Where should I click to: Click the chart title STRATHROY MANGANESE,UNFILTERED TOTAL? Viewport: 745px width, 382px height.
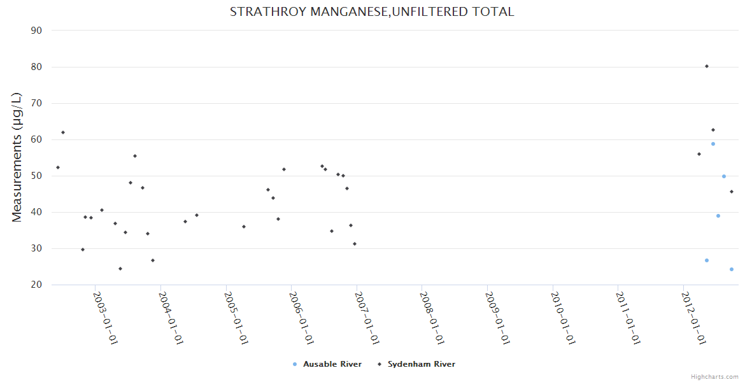point(372,11)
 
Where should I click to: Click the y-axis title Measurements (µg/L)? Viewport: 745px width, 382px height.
point(17,157)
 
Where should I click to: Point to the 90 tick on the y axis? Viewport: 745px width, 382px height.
point(36,31)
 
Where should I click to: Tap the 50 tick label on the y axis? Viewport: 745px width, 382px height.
point(36,176)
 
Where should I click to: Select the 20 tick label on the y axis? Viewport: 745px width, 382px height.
point(36,285)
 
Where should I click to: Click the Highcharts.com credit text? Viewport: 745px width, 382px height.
point(714,376)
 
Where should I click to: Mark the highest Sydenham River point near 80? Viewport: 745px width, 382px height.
point(707,66)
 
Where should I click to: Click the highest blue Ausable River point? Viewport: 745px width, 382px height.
point(713,144)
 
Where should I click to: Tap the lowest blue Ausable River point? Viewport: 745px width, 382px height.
point(732,269)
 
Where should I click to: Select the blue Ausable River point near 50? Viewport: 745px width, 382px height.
point(724,176)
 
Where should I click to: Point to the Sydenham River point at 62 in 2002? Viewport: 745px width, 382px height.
point(63,132)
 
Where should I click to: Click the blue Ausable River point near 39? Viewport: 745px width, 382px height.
point(718,216)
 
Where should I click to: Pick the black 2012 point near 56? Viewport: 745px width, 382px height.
point(699,154)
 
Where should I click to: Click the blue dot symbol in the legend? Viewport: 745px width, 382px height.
point(294,364)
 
